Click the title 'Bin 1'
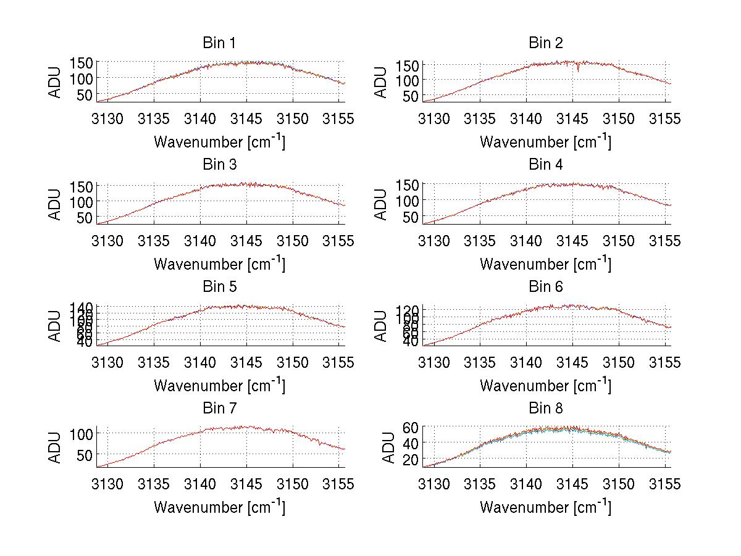click(219, 43)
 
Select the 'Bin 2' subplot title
click(546, 43)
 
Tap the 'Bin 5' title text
click(219, 287)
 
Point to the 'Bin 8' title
click(546, 409)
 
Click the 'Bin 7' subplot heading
click(219, 409)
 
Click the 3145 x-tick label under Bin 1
click(246, 118)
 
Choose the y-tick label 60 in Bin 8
click(411, 427)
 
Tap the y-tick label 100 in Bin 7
click(81, 434)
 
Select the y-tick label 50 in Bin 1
click(85, 94)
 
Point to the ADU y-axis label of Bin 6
click(382, 326)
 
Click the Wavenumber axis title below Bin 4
click(546, 263)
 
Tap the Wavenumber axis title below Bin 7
click(219, 507)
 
